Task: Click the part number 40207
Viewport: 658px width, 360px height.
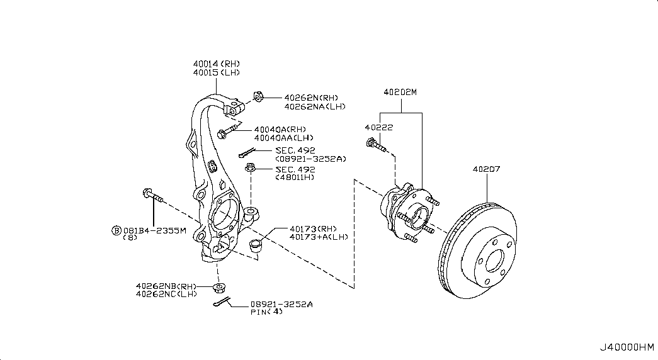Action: click(x=486, y=169)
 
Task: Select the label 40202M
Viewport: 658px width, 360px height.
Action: click(x=400, y=92)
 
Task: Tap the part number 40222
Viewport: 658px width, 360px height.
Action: click(x=379, y=128)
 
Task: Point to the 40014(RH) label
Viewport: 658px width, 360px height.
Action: click(x=217, y=64)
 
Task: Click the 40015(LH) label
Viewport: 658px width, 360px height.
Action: click(x=217, y=72)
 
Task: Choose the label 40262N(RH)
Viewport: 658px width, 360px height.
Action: click(x=311, y=98)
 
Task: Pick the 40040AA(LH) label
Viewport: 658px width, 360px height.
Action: click(x=284, y=138)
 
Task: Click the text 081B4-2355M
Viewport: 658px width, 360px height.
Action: click(x=154, y=230)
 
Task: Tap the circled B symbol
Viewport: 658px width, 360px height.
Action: click(x=116, y=230)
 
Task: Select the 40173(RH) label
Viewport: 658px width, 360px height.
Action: click(x=313, y=228)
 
